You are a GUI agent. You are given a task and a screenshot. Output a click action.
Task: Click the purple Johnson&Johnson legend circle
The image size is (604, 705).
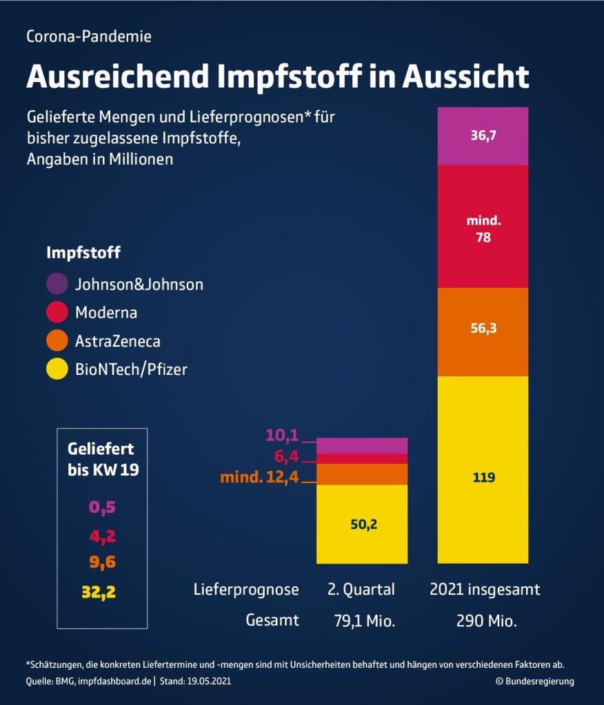tap(58, 284)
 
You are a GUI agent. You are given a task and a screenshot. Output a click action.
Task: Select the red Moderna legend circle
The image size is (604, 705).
tap(58, 312)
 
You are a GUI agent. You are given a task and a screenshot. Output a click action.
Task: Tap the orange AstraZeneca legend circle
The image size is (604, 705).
tap(58, 340)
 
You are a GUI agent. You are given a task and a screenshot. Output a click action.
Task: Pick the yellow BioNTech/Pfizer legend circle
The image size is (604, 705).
tap(58, 369)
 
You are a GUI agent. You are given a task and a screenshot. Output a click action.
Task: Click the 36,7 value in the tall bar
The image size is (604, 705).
tap(483, 136)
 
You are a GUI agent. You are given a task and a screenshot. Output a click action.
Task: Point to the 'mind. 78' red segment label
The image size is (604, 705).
tap(483, 229)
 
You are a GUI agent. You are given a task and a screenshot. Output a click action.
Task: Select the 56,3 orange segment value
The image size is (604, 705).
tap(483, 329)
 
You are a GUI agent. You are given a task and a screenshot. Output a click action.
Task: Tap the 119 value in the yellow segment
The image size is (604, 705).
tap(483, 477)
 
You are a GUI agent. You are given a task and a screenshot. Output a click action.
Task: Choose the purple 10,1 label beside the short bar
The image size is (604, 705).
tap(281, 436)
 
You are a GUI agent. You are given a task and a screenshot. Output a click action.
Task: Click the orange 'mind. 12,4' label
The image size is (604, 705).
tap(259, 476)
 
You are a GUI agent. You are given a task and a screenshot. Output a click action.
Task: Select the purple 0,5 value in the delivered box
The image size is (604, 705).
tap(102, 508)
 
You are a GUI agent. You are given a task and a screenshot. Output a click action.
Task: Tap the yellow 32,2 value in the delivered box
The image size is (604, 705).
tap(99, 591)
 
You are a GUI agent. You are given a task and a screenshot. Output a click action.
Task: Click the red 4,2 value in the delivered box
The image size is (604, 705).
tap(102, 535)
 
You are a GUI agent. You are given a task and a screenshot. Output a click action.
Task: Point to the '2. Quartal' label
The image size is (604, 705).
tap(361, 590)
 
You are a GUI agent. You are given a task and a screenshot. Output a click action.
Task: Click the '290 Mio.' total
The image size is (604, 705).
tap(486, 620)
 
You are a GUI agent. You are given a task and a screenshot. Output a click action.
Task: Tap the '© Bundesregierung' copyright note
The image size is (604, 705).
tap(534, 681)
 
